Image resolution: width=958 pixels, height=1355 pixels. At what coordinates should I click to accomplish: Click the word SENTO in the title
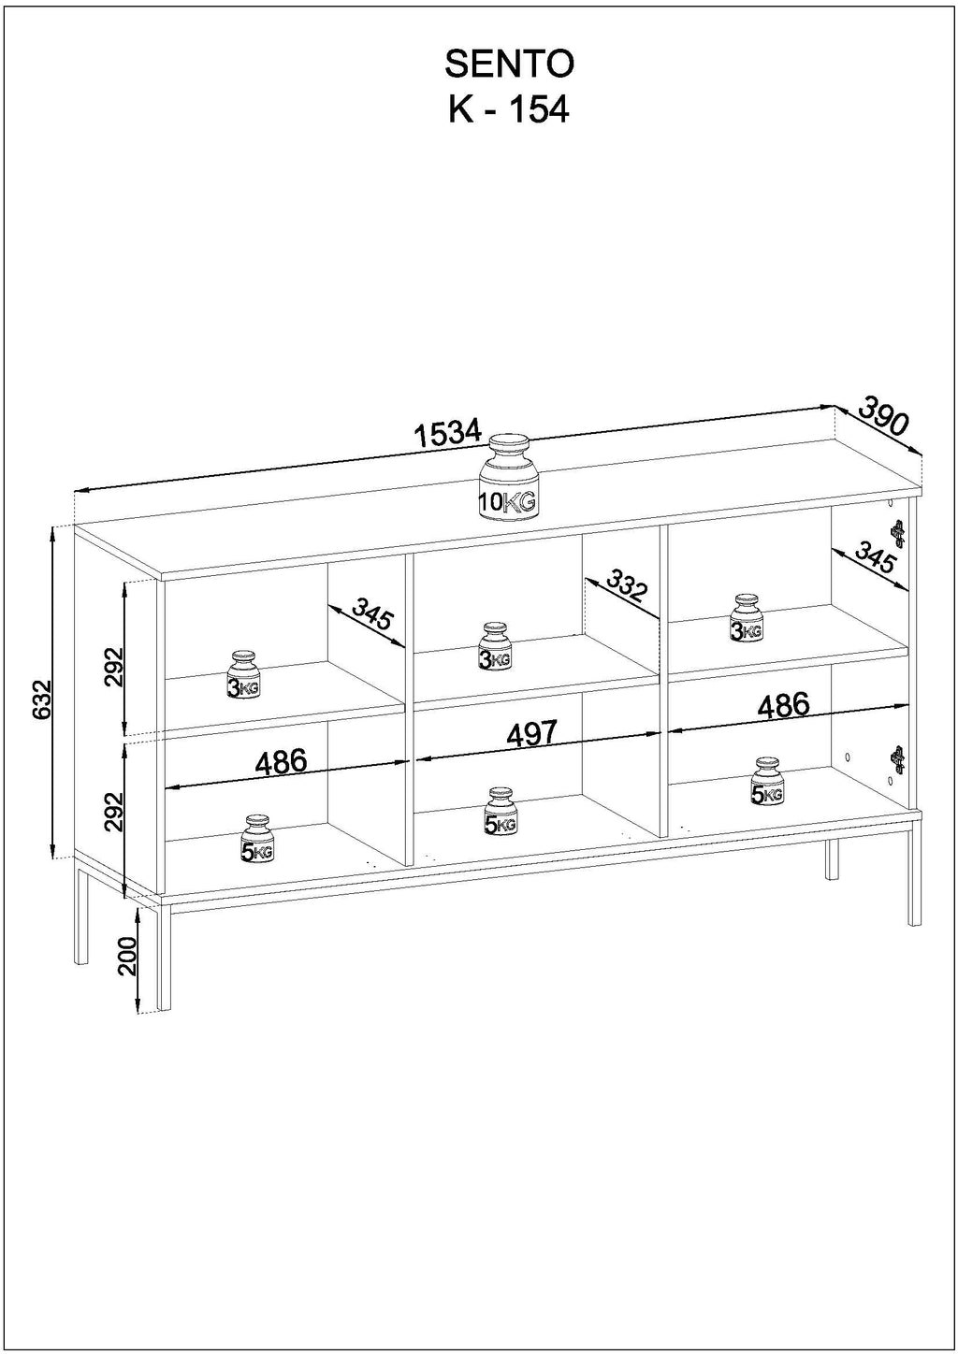click(x=509, y=65)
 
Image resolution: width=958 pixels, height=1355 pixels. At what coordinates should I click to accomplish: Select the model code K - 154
click(x=509, y=110)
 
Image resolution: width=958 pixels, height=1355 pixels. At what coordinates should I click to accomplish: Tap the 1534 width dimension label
click(x=448, y=433)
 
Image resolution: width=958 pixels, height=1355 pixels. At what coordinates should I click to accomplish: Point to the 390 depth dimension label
click(x=884, y=415)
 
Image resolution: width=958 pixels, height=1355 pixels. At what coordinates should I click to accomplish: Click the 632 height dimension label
click(x=42, y=700)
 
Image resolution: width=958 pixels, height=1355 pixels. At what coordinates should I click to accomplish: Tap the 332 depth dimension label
click(x=626, y=586)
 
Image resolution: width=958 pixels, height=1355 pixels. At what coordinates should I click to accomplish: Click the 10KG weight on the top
click(x=507, y=477)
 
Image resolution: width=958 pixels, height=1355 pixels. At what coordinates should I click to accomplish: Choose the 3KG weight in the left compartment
click(x=243, y=674)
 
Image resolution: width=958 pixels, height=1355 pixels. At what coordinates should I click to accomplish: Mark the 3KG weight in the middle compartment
click(x=495, y=647)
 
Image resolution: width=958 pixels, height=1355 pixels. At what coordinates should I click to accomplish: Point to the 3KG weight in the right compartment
click(x=746, y=617)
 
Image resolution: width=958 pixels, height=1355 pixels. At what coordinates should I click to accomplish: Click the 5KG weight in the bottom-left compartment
click(x=256, y=839)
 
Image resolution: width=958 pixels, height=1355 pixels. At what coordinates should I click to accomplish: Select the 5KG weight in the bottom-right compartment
click(x=767, y=781)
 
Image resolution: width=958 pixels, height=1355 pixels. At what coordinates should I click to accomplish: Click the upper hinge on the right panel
click(x=897, y=534)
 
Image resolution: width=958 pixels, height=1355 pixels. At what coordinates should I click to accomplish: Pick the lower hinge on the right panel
click(x=897, y=759)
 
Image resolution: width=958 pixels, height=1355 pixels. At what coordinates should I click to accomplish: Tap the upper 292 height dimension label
click(x=113, y=668)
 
